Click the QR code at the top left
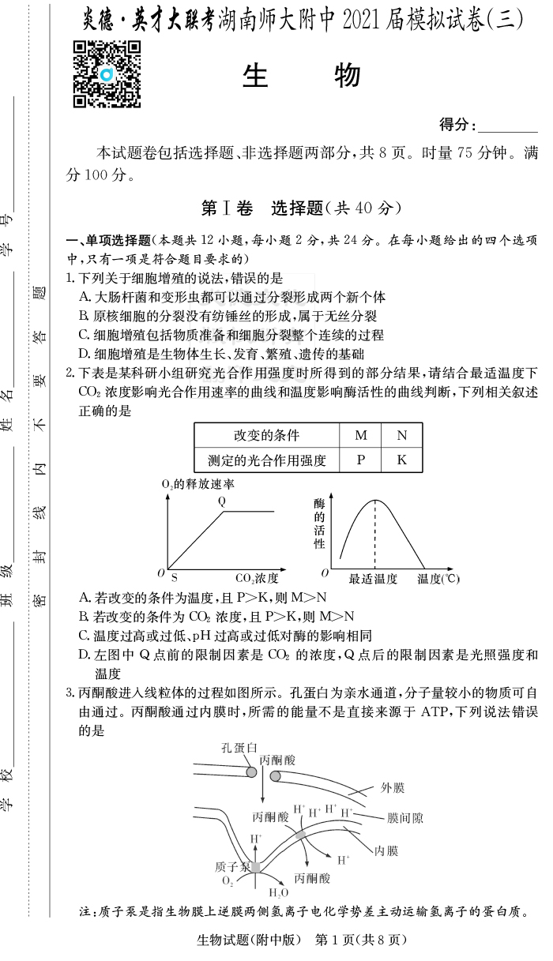click(x=107, y=74)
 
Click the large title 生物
click(x=302, y=76)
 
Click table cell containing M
click(x=360, y=435)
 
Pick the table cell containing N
click(x=401, y=435)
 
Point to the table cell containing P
click(x=360, y=460)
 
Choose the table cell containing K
click(x=401, y=460)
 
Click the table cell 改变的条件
click(x=266, y=435)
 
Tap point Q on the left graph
click(x=222, y=501)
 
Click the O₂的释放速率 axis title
click(x=197, y=483)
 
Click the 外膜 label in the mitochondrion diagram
click(x=393, y=787)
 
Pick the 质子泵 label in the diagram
click(x=232, y=866)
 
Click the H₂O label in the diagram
click(x=279, y=893)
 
